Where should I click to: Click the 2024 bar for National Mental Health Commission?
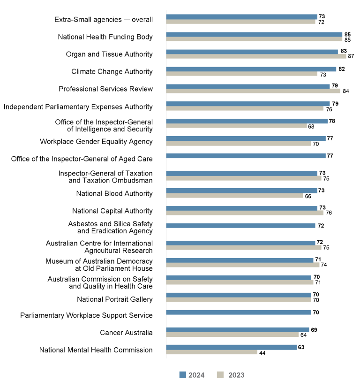[x=231, y=347]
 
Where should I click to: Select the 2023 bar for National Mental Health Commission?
[x=211, y=352]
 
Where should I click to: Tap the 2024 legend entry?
[x=192, y=375]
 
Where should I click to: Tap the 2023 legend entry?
[x=231, y=375]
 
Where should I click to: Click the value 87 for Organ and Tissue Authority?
[x=351, y=56]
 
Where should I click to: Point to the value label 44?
[x=262, y=353]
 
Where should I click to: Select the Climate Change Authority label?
[x=112, y=72]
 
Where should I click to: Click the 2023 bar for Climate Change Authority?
[x=241, y=74]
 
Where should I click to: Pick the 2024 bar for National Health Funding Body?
[x=254, y=34]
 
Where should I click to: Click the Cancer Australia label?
[x=126, y=333]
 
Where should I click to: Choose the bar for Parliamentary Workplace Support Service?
[x=238, y=313]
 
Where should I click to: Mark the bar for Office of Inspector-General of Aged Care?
[x=246, y=156]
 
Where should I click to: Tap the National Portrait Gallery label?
[x=115, y=299]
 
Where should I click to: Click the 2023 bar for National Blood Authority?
[x=234, y=196]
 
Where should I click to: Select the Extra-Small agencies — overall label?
[x=104, y=19]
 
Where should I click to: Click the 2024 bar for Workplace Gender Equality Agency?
[x=246, y=138]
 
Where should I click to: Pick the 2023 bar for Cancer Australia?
[x=232, y=335]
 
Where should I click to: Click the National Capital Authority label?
[x=112, y=211]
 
